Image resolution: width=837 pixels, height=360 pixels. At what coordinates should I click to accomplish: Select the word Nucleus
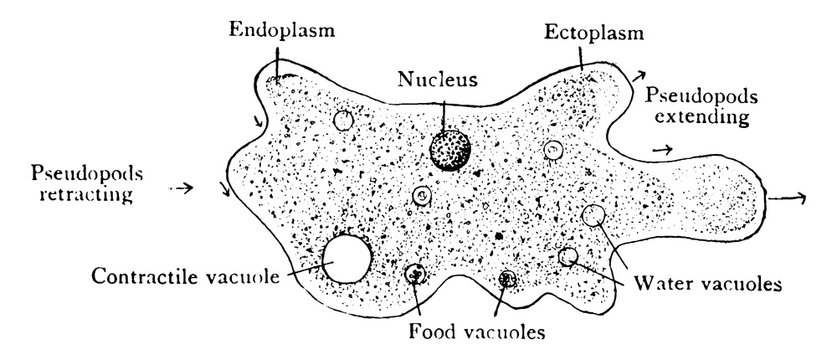click(438, 78)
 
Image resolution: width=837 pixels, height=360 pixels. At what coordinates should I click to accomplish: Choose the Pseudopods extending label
click(699, 107)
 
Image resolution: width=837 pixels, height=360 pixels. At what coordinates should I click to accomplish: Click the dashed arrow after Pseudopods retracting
click(181, 187)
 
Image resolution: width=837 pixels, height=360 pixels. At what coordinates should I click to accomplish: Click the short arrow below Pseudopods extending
click(660, 149)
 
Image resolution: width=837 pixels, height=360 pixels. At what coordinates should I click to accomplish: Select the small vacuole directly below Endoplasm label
click(343, 121)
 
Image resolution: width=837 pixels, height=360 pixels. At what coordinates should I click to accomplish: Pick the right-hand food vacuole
click(508, 279)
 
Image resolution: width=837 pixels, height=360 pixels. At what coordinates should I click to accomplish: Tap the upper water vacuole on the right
click(593, 215)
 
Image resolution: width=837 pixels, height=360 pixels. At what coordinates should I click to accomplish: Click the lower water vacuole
click(569, 257)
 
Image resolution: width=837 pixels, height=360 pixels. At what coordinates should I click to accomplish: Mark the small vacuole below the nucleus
click(422, 196)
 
